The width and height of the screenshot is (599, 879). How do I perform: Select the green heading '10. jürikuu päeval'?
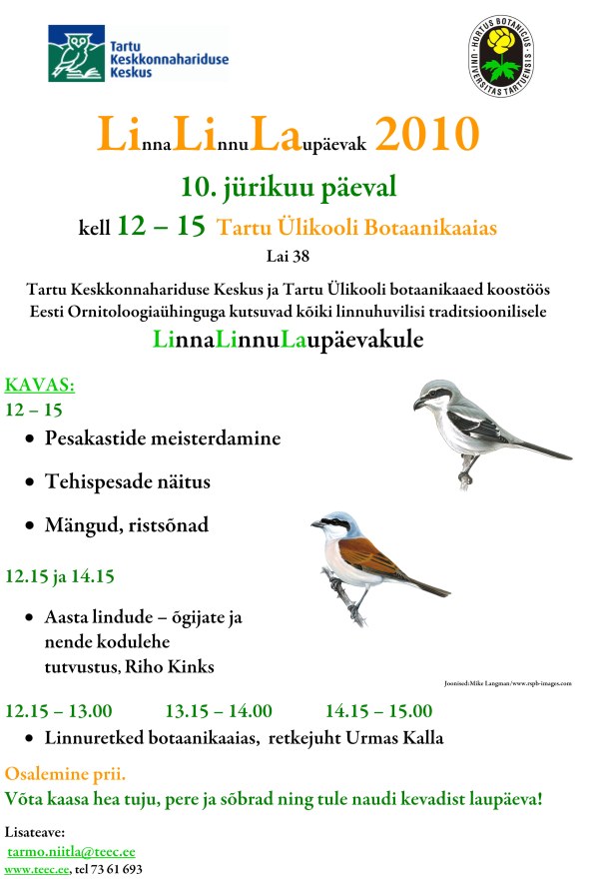[289, 186]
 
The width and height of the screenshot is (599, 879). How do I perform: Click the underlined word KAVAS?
[40, 386]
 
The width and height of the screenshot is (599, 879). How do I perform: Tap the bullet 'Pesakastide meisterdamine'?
[162, 439]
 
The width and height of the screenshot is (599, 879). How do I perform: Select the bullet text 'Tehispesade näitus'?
[127, 481]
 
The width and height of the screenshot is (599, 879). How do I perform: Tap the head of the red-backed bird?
[332, 524]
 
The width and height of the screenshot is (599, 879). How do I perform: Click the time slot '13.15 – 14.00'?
[218, 711]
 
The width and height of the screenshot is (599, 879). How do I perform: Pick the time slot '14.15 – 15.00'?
[378, 711]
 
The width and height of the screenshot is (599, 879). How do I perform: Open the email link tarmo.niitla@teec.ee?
[71, 851]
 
